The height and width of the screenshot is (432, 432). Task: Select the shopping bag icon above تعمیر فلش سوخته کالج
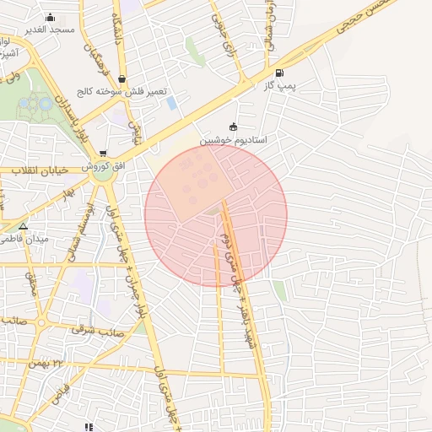point(122,79)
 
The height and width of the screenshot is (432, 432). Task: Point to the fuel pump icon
point(279,73)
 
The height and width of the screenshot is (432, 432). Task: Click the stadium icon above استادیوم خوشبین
point(234,127)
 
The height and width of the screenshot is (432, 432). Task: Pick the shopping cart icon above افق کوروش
point(103,154)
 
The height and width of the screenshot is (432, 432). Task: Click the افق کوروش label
point(103,165)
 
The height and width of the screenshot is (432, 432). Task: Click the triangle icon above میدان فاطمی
point(23,226)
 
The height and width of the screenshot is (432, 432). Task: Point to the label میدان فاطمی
point(25,239)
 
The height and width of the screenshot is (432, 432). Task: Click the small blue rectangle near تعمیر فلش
point(172,103)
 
